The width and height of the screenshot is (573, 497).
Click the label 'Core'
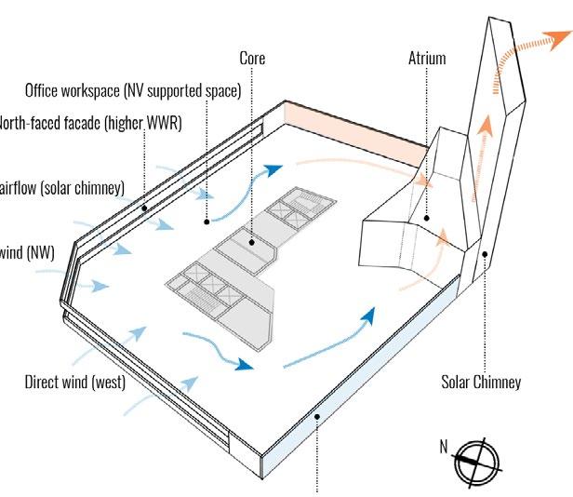251,58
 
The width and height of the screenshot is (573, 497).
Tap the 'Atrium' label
427,58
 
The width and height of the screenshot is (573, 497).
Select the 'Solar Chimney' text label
481,382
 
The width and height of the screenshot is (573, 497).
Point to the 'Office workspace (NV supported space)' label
133,90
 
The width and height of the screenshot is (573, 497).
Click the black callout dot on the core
251,243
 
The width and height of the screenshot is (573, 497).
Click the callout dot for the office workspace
207,222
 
